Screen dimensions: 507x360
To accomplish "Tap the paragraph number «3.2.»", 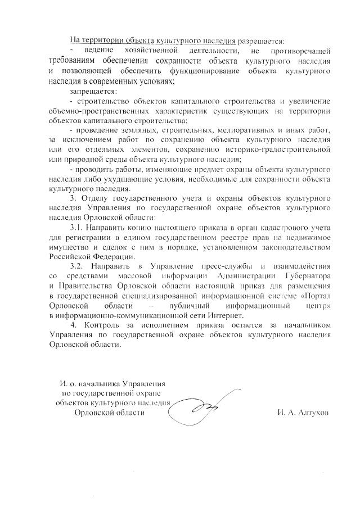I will click(79, 265).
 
